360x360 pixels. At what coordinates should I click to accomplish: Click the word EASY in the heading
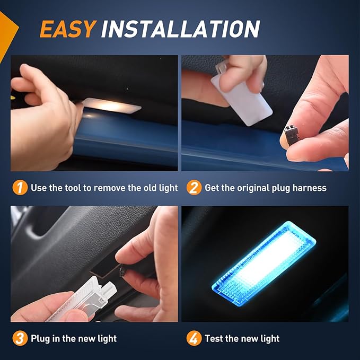67,29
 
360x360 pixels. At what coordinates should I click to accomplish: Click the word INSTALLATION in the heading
180,29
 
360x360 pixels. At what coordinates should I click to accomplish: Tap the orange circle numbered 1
20,188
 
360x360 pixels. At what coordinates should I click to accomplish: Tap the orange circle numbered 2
194,188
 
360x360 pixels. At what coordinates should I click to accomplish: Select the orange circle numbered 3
20,338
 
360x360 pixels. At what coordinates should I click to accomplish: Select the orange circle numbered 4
194,338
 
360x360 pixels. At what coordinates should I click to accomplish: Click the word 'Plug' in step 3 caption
41,338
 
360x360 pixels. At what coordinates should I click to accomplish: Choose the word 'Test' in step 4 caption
215,338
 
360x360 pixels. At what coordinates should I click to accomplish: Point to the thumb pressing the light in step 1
74,114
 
